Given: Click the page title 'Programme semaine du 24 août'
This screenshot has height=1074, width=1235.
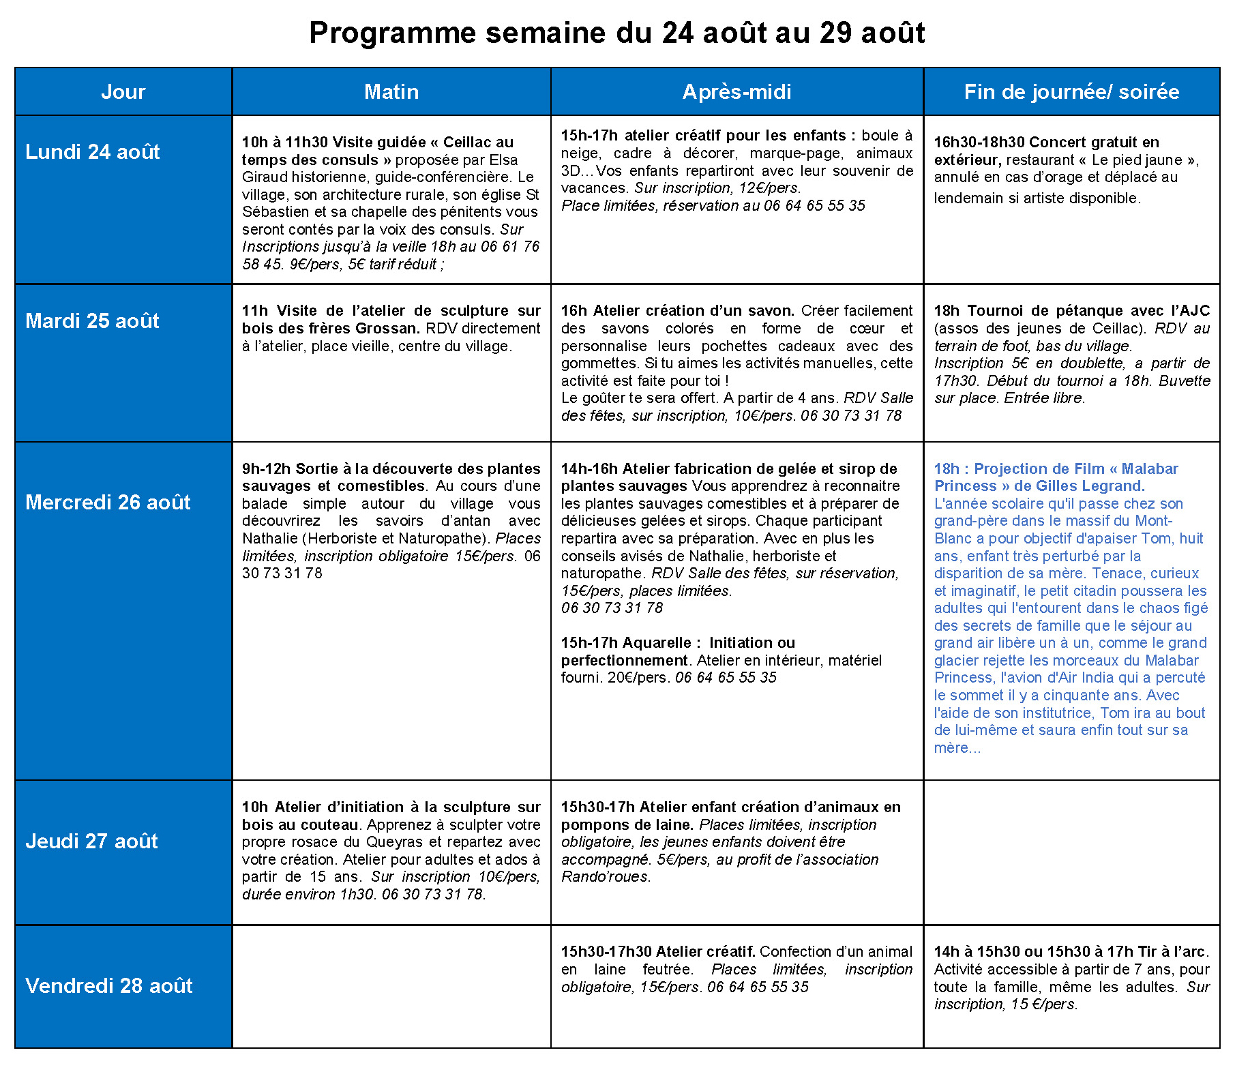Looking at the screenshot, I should (x=616, y=33).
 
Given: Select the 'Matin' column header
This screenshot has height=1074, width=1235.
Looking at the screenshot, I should (x=391, y=91).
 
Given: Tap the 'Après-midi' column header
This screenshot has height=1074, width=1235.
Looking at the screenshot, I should (x=736, y=91).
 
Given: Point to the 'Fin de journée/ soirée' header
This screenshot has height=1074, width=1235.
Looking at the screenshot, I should (x=1071, y=91).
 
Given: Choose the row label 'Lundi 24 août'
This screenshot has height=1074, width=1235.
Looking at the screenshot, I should (x=93, y=151).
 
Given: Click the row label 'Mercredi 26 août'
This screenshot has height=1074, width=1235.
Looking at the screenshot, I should (x=108, y=502).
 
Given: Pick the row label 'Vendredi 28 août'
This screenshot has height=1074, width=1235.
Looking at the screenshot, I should (x=109, y=985).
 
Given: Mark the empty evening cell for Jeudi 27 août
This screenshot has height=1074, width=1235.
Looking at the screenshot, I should (x=1071, y=852).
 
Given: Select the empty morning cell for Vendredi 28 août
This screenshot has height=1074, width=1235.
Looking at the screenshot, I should (x=391, y=986).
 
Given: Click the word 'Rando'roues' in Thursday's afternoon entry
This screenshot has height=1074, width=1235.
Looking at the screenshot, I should (x=604, y=877).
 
